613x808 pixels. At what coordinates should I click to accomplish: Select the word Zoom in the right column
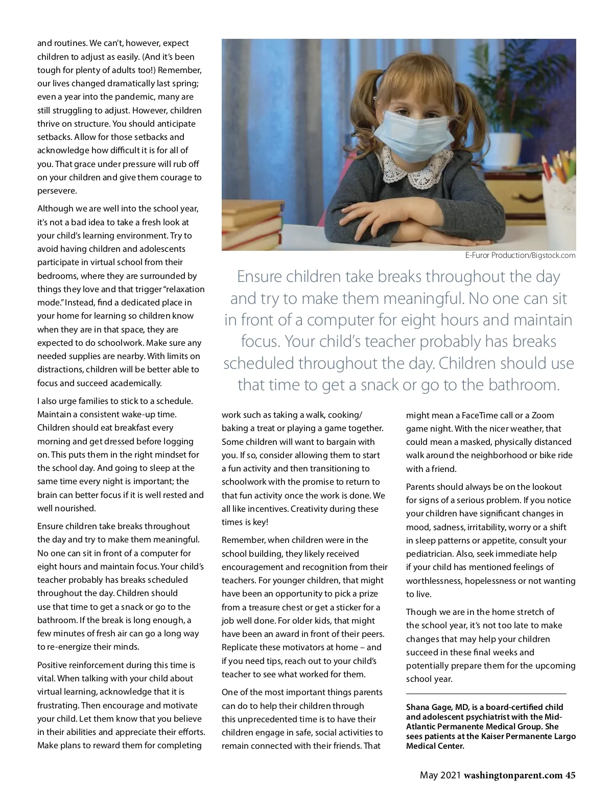coord(543,415)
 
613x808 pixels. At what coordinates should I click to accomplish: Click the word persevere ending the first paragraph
coord(57,191)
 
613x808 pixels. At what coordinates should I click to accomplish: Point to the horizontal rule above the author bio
coord(486,694)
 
